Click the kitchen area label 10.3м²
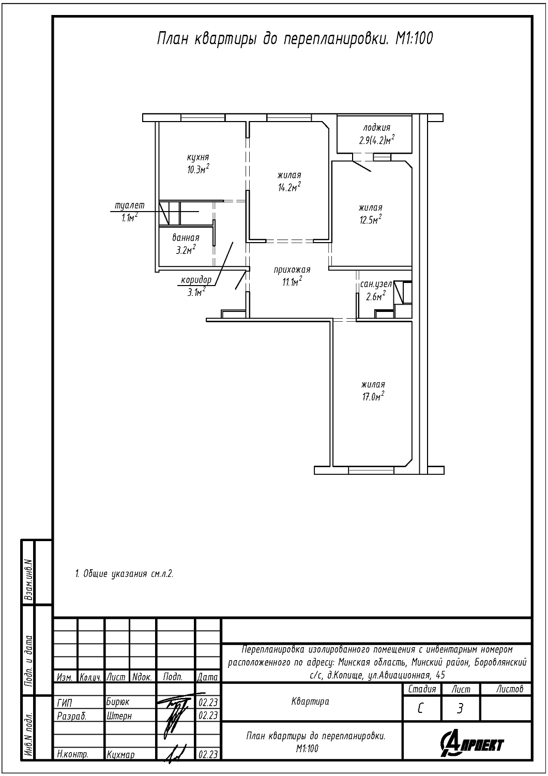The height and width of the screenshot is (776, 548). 197,169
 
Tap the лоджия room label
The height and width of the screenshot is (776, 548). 377,127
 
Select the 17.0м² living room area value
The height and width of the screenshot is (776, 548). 374,396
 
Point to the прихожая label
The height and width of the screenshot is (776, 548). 292,270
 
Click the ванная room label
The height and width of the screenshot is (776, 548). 186,238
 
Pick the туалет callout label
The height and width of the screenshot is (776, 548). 129,205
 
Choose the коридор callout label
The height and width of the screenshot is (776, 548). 196,280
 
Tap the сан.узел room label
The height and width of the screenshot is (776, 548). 376,285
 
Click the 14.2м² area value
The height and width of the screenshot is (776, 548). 289,187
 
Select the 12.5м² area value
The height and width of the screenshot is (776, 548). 370,219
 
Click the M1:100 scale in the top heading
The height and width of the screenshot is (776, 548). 414,39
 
